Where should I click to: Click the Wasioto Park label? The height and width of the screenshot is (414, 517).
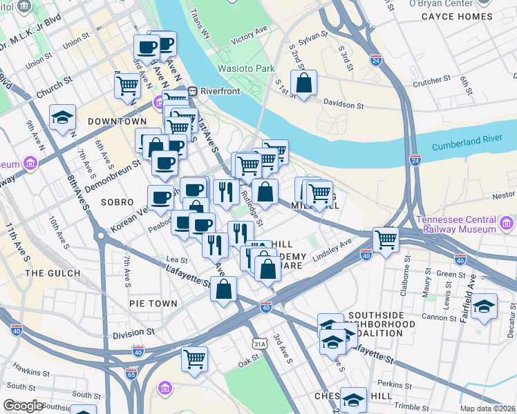[246, 68]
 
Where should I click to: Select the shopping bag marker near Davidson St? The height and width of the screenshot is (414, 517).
[303, 83]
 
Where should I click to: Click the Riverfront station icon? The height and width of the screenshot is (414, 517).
[195, 90]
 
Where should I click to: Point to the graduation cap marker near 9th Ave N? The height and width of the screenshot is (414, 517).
[62, 117]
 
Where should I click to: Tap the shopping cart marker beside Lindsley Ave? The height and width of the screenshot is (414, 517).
[386, 240]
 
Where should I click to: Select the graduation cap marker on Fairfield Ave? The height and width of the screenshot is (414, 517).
[484, 305]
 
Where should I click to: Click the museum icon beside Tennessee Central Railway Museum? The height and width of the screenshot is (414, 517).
[506, 224]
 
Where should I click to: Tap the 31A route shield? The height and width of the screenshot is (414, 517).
[259, 343]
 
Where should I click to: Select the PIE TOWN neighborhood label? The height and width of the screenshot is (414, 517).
[153, 303]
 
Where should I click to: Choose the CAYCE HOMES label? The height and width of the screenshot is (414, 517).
[457, 17]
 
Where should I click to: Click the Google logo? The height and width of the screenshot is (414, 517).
[23, 406]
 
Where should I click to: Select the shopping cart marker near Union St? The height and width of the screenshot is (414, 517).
[128, 86]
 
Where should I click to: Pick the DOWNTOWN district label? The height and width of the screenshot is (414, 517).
[117, 121]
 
